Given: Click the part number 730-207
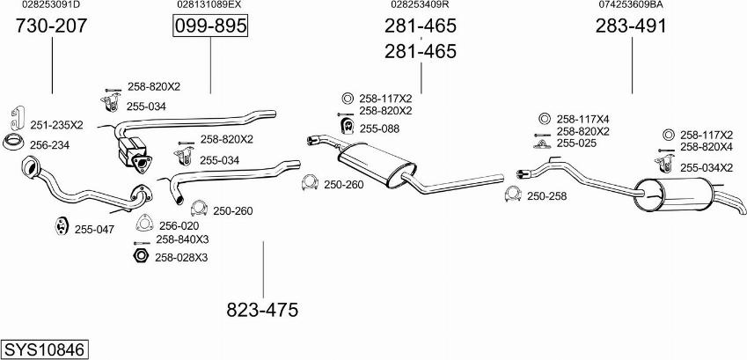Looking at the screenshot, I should click(x=52, y=26).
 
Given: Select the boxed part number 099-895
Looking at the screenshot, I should click(x=210, y=26).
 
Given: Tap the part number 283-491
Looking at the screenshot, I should click(x=631, y=26).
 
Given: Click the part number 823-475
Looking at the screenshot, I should click(x=262, y=310).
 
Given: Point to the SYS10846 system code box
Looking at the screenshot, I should click(x=44, y=349).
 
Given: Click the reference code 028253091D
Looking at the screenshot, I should click(x=51, y=4).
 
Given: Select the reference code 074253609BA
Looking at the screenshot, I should click(x=631, y=4).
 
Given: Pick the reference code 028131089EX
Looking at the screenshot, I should click(x=209, y=4).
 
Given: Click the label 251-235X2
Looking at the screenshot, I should click(x=56, y=125).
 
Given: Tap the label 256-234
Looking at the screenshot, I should click(x=49, y=145).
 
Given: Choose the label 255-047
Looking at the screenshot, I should click(x=94, y=229).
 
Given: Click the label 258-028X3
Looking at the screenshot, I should click(x=180, y=257).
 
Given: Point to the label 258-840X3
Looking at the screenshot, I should click(x=182, y=239).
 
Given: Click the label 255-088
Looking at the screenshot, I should click(x=379, y=129).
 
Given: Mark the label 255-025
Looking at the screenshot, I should click(x=577, y=143).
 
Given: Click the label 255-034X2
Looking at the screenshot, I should click(x=707, y=167).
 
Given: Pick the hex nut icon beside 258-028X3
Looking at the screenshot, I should click(x=139, y=257).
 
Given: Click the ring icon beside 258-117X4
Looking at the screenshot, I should click(x=543, y=119).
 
